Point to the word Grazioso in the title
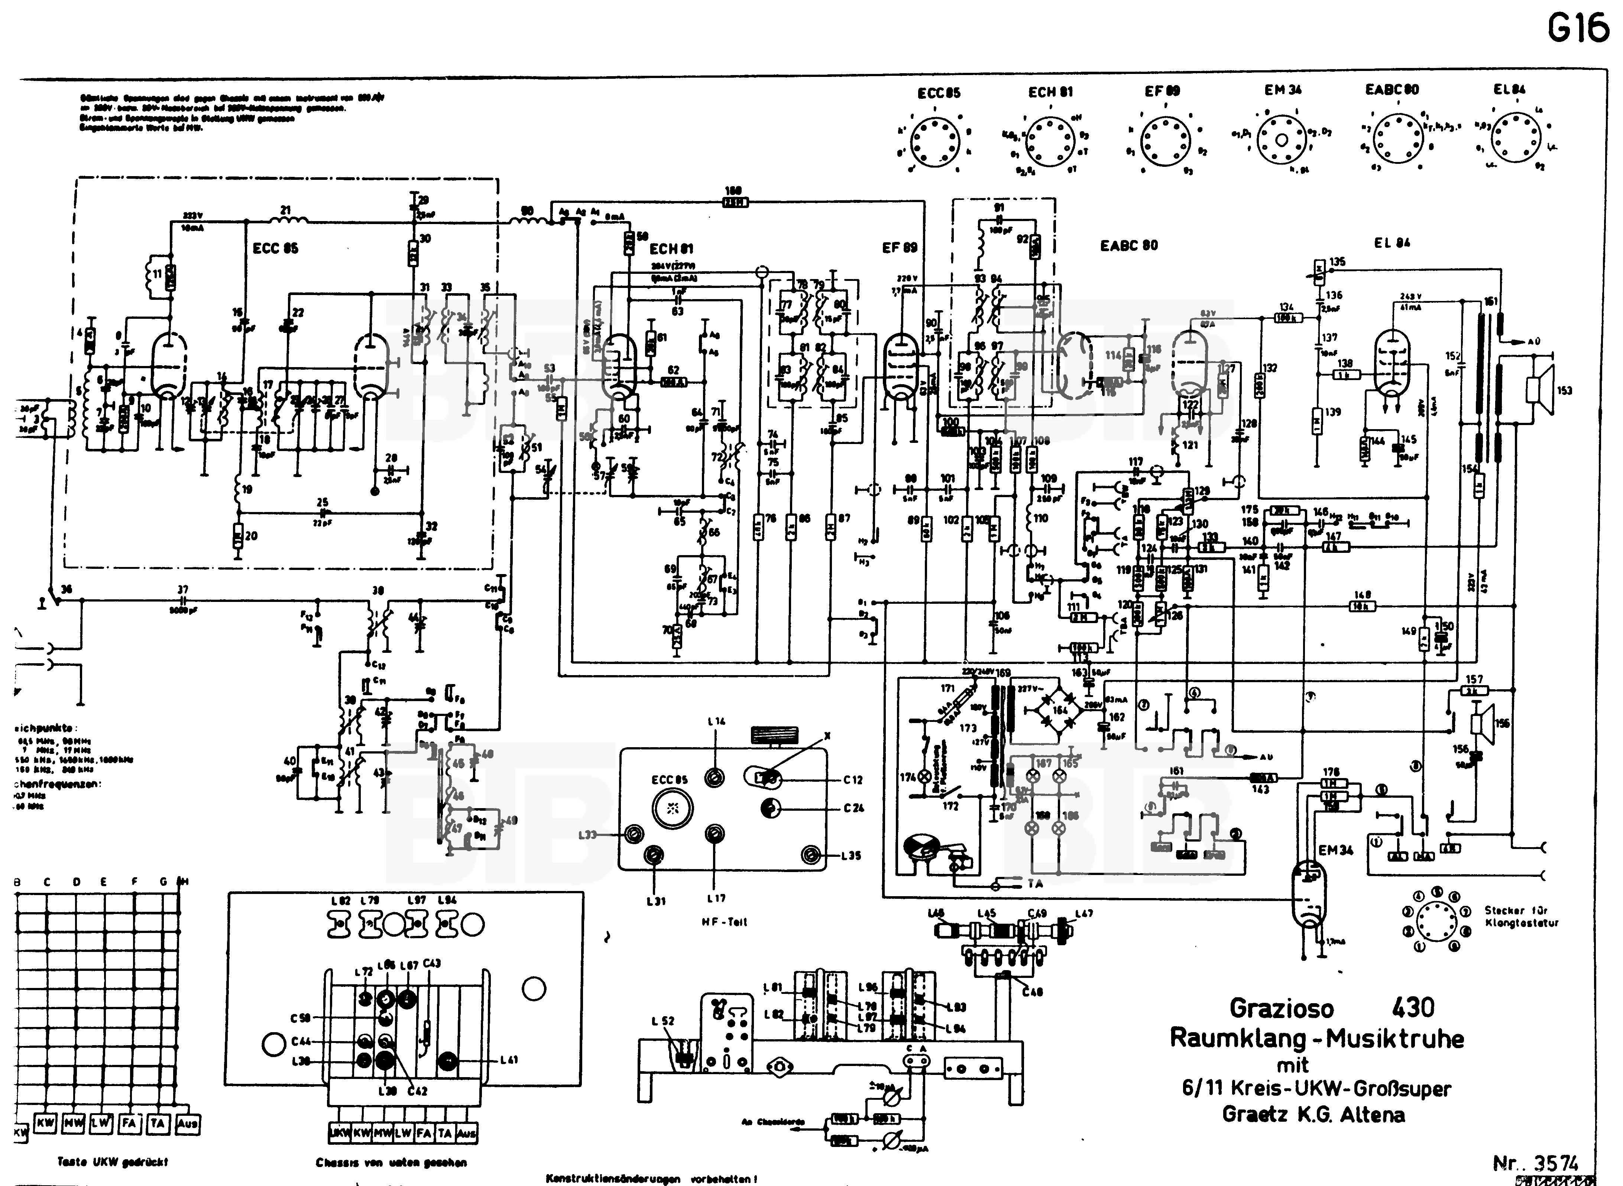[1281, 1007]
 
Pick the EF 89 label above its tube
[900, 248]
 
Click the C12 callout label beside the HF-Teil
[853, 780]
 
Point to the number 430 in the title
[1413, 1007]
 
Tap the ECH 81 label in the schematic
[671, 249]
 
